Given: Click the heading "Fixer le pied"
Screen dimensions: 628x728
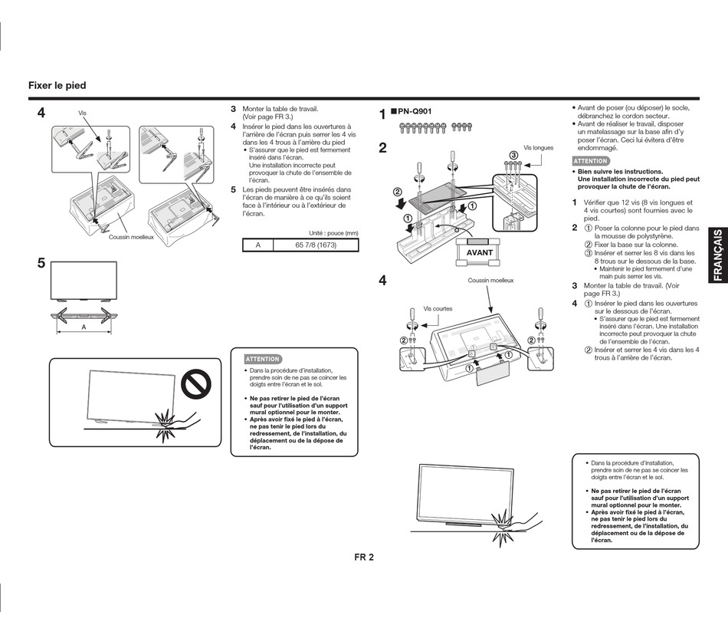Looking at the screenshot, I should pos(57,86).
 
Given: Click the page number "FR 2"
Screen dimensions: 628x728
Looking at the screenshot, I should pos(364,557).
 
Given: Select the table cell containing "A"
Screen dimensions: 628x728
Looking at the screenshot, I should pos(258,245).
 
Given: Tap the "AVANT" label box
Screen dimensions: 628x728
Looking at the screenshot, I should pos(480,252).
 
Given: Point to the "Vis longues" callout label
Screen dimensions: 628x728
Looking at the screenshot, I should pos(538,148).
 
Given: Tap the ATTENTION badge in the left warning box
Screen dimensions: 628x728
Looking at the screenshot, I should pos(262,359).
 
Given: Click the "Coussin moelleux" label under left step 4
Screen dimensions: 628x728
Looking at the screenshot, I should pos(131,237).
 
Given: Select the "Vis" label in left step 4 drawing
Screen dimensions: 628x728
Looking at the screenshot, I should pos(82,113).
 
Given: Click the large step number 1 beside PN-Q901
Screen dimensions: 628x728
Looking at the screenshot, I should pos(383,115).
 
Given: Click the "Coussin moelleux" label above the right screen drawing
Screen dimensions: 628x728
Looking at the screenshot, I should pos(491,281).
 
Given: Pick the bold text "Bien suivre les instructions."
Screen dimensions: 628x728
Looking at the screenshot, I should pos(620,172).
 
